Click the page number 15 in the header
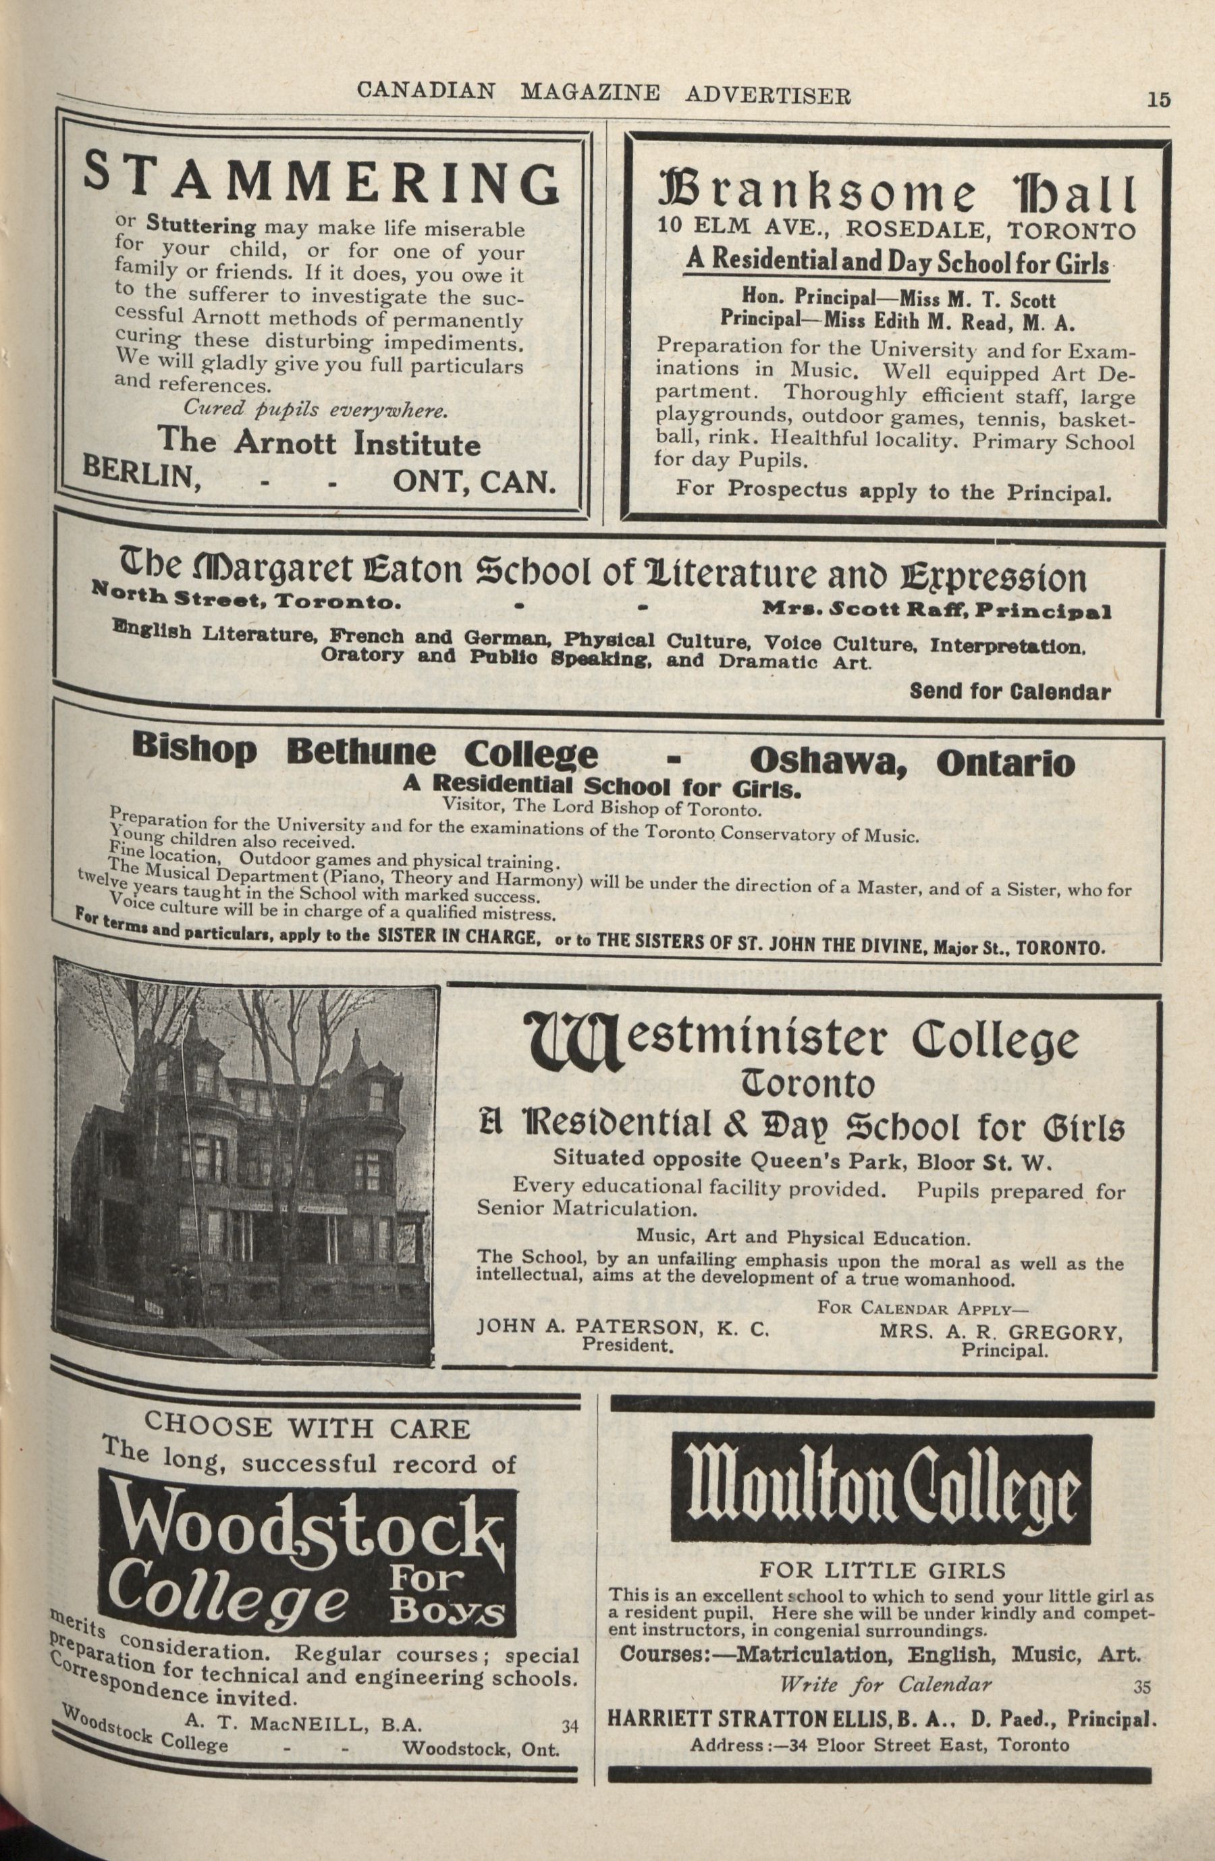tap(1158, 100)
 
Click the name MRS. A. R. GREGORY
tap(1001, 1334)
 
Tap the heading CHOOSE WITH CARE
tap(307, 1428)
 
